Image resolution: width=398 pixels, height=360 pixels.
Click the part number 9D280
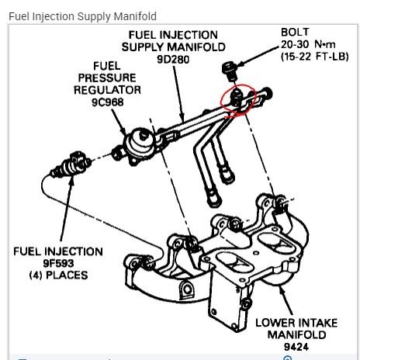coord(173,60)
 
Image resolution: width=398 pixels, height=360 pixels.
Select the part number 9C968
coord(108,102)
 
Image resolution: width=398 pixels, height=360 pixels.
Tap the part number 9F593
coord(58,263)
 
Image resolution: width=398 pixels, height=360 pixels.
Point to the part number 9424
coord(296,347)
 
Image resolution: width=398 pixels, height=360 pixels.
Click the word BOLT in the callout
coord(295,33)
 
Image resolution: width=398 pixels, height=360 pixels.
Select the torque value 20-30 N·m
coord(308,44)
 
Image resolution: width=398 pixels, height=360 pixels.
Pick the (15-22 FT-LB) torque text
coord(315,57)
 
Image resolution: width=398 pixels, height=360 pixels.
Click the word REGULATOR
coord(107,90)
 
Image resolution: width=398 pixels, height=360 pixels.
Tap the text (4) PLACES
coord(58,275)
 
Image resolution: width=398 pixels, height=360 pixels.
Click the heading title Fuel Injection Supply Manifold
coord(82,16)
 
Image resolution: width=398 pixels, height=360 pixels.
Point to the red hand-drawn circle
coord(220,101)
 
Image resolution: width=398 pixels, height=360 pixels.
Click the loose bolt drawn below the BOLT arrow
coord(230,71)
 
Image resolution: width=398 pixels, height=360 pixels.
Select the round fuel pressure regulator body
coord(141,143)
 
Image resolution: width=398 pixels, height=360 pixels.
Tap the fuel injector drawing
coord(71,165)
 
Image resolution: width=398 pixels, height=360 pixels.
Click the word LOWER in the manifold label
coord(272,323)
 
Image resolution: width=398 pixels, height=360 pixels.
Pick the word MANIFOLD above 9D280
coord(196,47)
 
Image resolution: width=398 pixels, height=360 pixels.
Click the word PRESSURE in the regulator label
coord(107,78)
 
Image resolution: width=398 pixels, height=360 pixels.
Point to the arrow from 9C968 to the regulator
coord(119,122)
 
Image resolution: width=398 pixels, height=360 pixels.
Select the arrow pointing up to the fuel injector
coord(67,208)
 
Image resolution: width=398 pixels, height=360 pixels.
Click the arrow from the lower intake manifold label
coord(286,300)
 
